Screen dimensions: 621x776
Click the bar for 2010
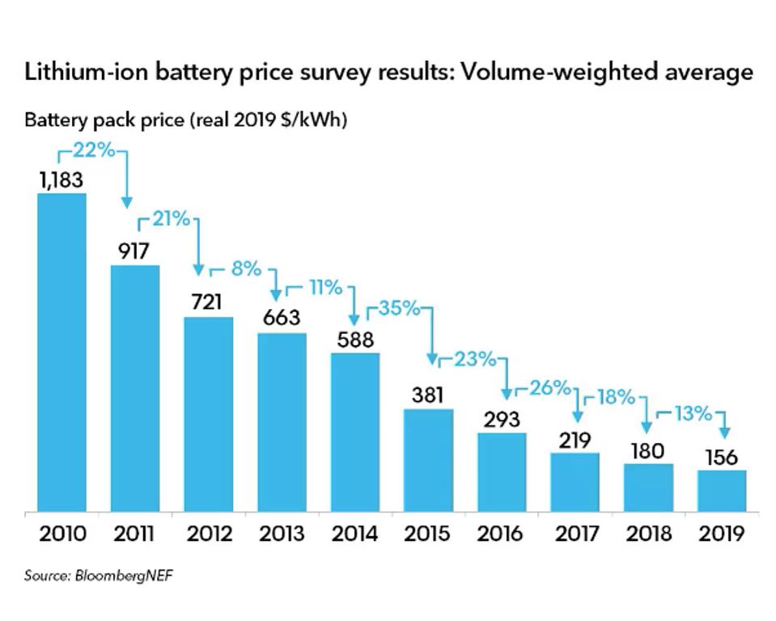[x=61, y=352]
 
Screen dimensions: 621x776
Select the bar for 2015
[x=428, y=459]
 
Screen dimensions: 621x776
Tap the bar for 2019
[x=722, y=490]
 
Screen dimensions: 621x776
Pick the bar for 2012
[x=209, y=413]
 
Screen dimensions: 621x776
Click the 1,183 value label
[x=61, y=180]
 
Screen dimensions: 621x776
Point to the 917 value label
[x=134, y=251]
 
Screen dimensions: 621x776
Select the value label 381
[x=428, y=395]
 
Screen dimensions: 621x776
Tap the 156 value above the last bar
[x=722, y=457]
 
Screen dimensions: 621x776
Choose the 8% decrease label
[x=245, y=268]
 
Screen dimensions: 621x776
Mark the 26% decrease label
[x=549, y=388]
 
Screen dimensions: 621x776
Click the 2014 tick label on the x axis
[x=354, y=534]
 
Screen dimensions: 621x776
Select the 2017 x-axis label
[x=575, y=534]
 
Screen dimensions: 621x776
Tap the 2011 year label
[x=134, y=534]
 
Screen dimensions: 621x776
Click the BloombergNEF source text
[x=124, y=577]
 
